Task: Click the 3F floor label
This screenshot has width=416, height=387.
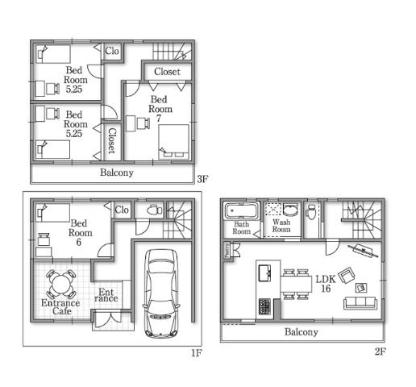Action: tap(202, 179)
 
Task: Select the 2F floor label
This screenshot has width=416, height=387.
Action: tap(381, 352)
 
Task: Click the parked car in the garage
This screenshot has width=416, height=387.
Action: tap(161, 293)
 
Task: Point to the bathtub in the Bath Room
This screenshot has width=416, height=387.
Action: tap(242, 213)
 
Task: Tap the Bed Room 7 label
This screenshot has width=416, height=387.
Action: tap(160, 109)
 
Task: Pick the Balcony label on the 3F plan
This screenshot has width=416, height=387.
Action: tap(117, 173)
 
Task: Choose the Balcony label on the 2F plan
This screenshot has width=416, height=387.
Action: tap(301, 331)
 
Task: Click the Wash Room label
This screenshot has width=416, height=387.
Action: tap(281, 226)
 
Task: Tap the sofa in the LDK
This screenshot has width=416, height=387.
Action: tap(360, 304)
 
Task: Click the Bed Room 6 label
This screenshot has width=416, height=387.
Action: tap(80, 232)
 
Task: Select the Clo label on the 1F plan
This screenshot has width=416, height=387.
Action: tap(122, 210)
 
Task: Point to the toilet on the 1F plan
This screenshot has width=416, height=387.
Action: tap(154, 210)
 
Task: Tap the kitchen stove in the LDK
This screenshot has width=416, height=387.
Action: tap(265, 306)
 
